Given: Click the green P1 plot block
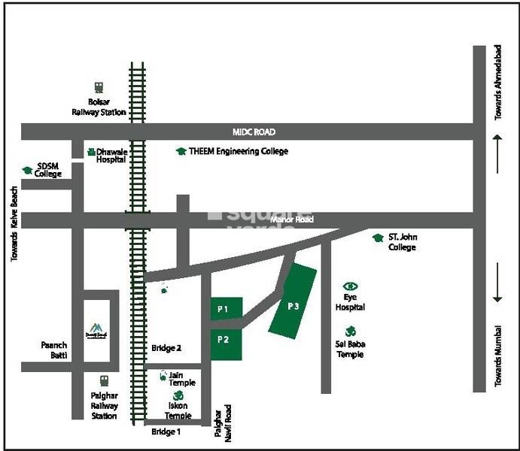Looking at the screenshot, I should (225, 308).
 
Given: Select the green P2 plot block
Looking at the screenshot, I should (225, 341).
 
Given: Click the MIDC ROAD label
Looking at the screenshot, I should (254, 132).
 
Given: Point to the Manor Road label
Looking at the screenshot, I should (291, 219).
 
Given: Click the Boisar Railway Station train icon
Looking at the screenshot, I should (99, 87).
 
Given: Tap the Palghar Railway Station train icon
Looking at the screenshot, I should (104, 381).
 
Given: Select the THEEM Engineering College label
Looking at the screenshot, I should (238, 151).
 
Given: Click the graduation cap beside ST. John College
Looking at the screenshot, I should (379, 238).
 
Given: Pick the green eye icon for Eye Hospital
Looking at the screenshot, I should (350, 286).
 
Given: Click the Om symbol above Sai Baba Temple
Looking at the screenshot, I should (350, 331).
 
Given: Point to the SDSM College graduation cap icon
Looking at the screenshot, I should (28, 170).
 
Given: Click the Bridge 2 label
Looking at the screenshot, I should (167, 348).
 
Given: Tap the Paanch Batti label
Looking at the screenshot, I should (53, 350).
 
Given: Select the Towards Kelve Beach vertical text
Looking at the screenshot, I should (14, 223).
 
